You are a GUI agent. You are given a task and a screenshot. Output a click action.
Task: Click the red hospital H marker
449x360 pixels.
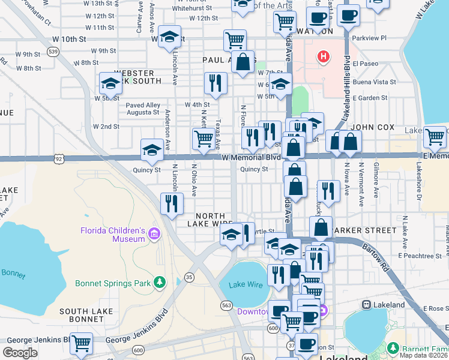point(324,57)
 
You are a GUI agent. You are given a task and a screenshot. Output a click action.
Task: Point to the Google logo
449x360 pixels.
point(20,353)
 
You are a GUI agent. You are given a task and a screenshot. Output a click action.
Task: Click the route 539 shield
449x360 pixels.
point(53,52)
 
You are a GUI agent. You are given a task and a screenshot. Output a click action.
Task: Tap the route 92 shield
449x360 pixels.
point(58,159)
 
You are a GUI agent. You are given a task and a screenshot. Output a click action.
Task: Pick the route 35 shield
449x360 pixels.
point(190,277)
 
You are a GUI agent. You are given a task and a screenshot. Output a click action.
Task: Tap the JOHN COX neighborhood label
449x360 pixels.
point(373,127)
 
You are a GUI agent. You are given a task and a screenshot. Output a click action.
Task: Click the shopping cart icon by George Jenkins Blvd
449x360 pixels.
point(81,344)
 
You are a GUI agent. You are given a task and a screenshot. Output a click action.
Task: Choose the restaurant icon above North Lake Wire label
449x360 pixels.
point(172,203)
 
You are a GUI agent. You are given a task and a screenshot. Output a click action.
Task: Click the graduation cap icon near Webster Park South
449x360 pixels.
point(110,83)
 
